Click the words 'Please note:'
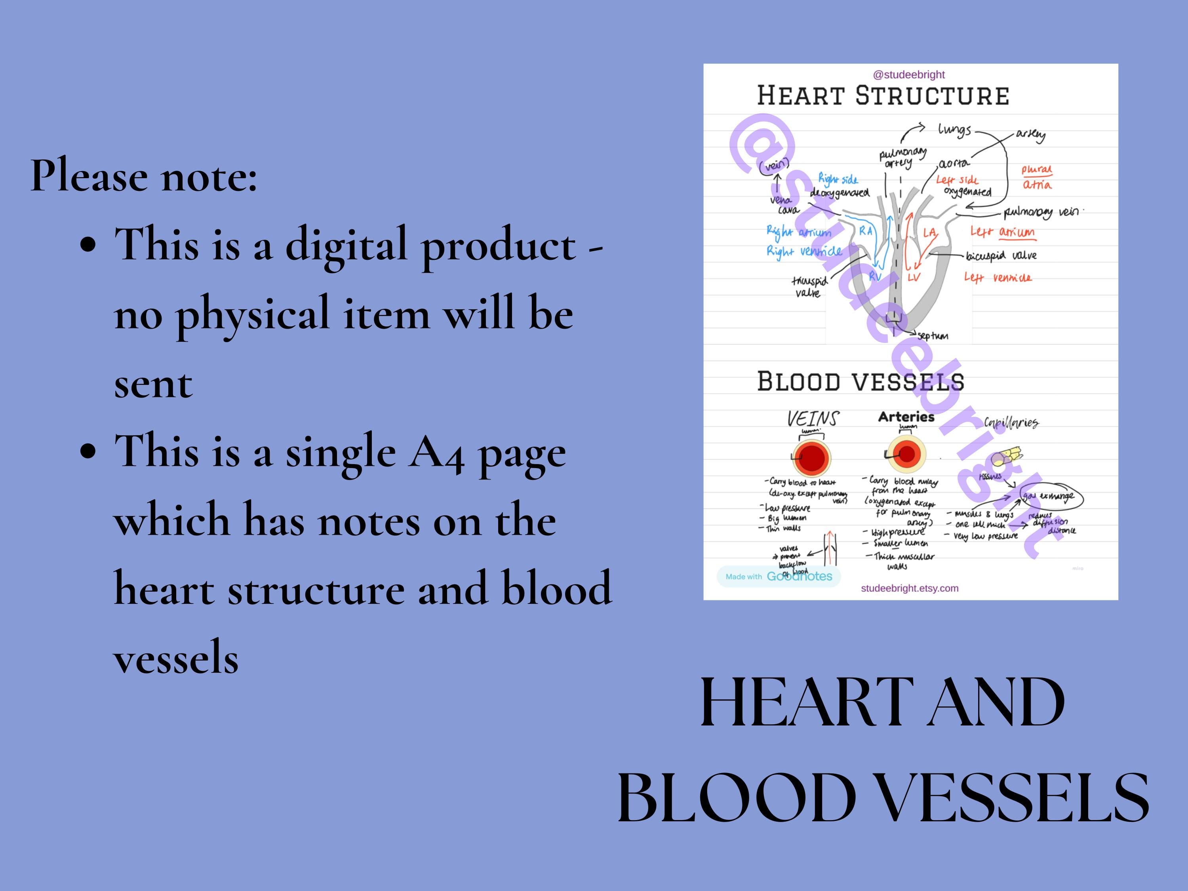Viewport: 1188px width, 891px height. click(x=143, y=175)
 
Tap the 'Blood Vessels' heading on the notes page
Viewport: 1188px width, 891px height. click(x=861, y=382)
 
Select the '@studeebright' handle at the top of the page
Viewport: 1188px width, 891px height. click(x=909, y=75)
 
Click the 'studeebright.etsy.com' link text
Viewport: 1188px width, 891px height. click(x=910, y=588)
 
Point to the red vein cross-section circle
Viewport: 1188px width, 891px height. click(x=811, y=458)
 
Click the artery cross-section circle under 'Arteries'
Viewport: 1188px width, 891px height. click(x=906, y=454)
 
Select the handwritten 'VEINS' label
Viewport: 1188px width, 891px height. click(x=813, y=419)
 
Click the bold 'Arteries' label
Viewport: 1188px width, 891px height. click(x=906, y=417)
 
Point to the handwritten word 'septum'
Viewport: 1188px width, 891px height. click(x=933, y=336)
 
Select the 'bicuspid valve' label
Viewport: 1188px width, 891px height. click(x=1001, y=256)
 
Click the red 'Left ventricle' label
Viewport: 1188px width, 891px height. click(x=998, y=278)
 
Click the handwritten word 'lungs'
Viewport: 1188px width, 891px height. click(x=954, y=130)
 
